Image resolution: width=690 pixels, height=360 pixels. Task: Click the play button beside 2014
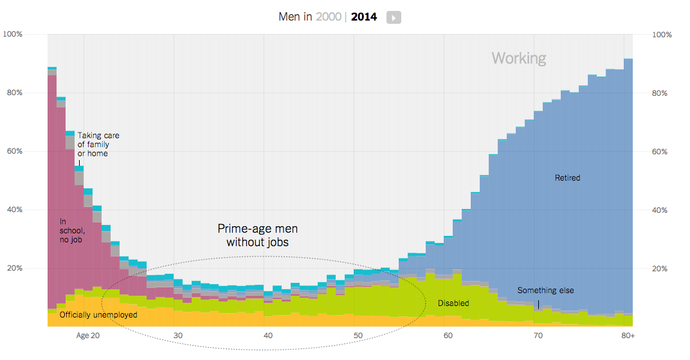pyautogui.click(x=394, y=17)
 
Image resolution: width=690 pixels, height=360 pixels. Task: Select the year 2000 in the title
pyautogui.click(x=328, y=17)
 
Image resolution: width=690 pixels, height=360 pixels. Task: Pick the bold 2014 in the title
pyautogui.click(x=364, y=17)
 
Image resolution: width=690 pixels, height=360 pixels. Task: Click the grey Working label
pyautogui.click(x=519, y=59)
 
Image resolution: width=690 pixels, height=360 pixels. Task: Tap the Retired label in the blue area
pyautogui.click(x=567, y=177)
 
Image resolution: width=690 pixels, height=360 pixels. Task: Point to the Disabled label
pyautogui.click(x=453, y=303)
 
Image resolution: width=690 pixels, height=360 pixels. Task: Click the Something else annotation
pyautogui.click(x=545, y=291)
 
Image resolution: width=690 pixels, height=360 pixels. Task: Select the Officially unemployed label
pyautogui.click(x=98, y=315)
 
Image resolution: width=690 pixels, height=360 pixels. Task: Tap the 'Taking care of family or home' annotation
pyautogui.click(x=98, y=145)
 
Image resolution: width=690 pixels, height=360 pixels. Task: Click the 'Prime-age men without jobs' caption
pyautogui.click(x=257, y=235)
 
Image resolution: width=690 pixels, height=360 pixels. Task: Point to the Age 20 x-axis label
pyautogui.click(x=87, y=336)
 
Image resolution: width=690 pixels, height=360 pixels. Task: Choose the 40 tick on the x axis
pyautogui.click(x=268, y=336)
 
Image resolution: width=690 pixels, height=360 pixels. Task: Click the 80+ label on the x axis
pyautogui.click(x=628, y=336)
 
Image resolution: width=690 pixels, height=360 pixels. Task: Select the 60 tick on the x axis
pyautogui.click(x=448, y=336)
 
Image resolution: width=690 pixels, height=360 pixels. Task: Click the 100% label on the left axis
pyautogui.click(x=13, y=34)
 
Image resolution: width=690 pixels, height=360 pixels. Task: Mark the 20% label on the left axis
pyautogui.click(x=14, y=269)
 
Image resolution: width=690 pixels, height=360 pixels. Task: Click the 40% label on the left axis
pyautogui.click(x=14, y=210)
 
